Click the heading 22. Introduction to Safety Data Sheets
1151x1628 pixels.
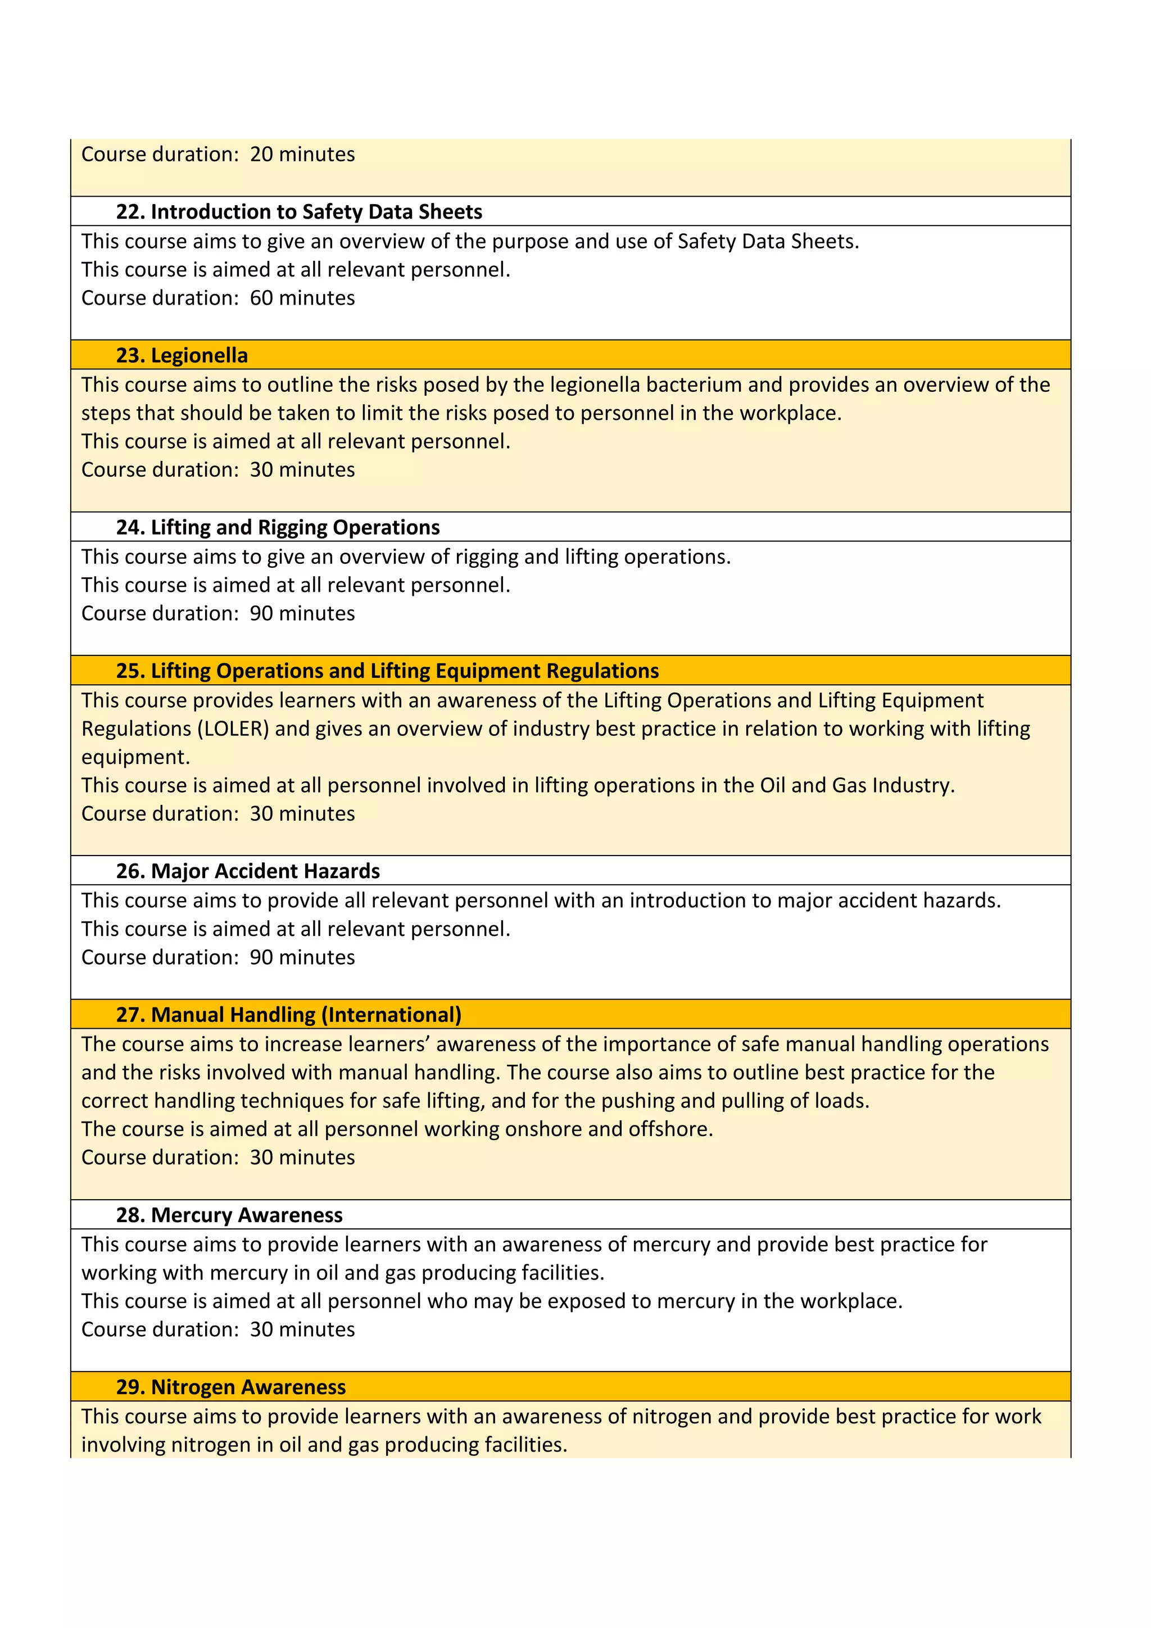coord(298,212)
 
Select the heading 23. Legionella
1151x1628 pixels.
coord(182,355)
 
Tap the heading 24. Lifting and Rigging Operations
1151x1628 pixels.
coord(277,527)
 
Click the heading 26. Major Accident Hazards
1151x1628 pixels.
coord(247,871)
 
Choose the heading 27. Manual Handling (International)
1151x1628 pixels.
coord(288,1015)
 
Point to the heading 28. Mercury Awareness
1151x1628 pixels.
coord(229,1215)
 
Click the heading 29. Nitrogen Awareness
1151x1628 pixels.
coord(230,1387)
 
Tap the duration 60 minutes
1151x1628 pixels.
coord(302,299)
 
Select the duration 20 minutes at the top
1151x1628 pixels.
coord(302,155)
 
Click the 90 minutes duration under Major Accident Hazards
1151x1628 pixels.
coord(302,958)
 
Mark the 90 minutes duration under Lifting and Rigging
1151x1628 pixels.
coord(302,614)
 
